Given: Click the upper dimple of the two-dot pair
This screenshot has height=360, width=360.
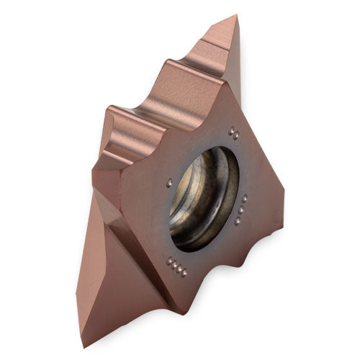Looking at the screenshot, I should coord(231,130).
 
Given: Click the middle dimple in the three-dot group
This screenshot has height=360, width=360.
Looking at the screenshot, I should coord(241,210).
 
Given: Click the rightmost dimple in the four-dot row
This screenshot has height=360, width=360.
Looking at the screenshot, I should coord(184,274).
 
